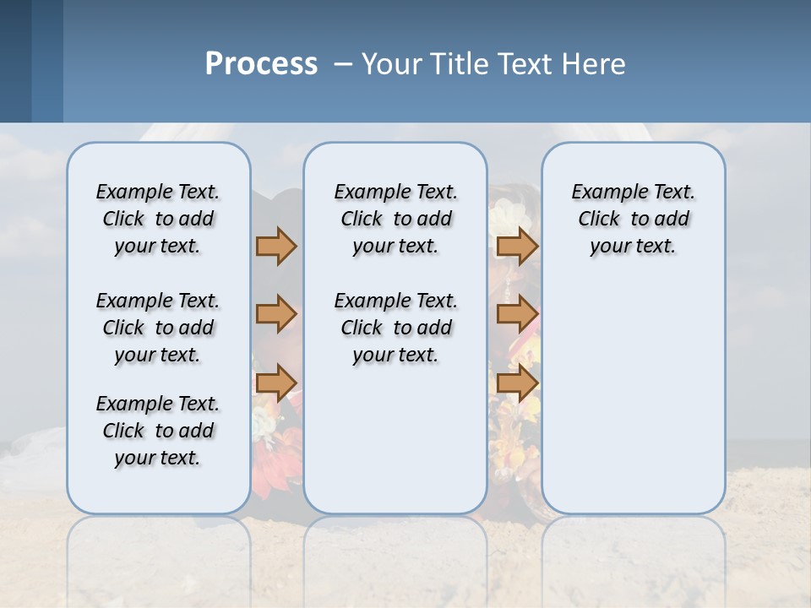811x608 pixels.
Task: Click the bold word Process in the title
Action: pyautogui.click(x=261, y=64)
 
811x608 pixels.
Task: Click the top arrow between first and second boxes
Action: pyautogui.click(x=276, y=247)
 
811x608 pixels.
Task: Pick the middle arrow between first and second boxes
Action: pyautogui.click(x=276, y=315)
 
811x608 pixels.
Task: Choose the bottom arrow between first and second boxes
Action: pyautogui.click(x=276, y=383)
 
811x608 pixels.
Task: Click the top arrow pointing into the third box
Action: pyautogui.click(x=517, y=247)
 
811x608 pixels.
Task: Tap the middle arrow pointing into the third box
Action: pyautogui.click(x=517, y=315)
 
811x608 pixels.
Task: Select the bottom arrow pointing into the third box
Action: pyautogui.click(x=517, y=383)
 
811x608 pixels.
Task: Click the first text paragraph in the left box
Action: pyautogui.click(x=158, y=219)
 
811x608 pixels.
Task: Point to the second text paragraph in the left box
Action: pyautogui.click(x=158, y=328)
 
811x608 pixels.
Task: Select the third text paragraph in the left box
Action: pyautogui.click(x=158, y=431)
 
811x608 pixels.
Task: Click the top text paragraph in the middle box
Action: pyautogui.click(x=395, y=219)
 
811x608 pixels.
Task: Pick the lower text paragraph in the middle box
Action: pyautogui.click(x=395, y=328)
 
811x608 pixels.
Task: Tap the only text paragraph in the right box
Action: pyautogui.click(x=633, y=219)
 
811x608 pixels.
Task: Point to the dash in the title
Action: pyautogui.click(x=343, y=65)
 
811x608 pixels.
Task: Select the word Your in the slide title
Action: pyautogui.click(x=391, y=64)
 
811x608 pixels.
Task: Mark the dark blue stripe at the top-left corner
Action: pyautogui.click(x=15, y=61)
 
